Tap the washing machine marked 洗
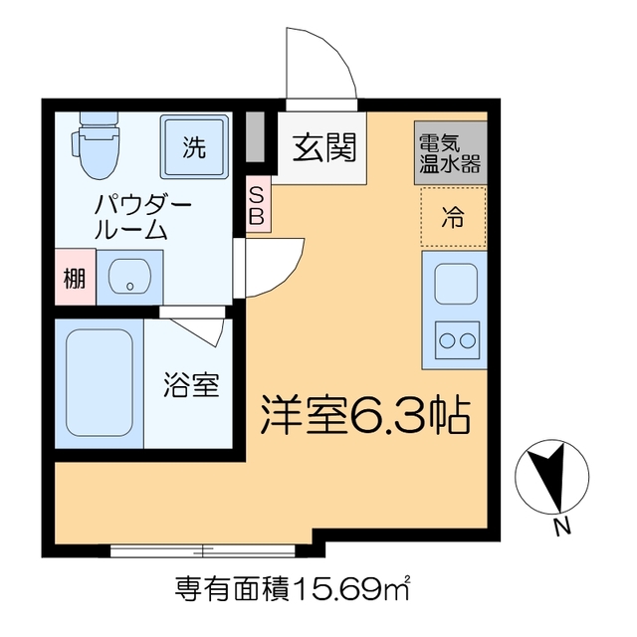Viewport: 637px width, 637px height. tap(194, 148)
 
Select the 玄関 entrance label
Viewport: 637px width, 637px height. tap(322, 149)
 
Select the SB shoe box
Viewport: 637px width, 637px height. tap(256, 204)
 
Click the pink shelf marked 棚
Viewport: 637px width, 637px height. tap(75, 279)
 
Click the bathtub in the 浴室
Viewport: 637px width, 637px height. tap(99, 383)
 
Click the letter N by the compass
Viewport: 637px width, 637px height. tap(561, 528)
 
